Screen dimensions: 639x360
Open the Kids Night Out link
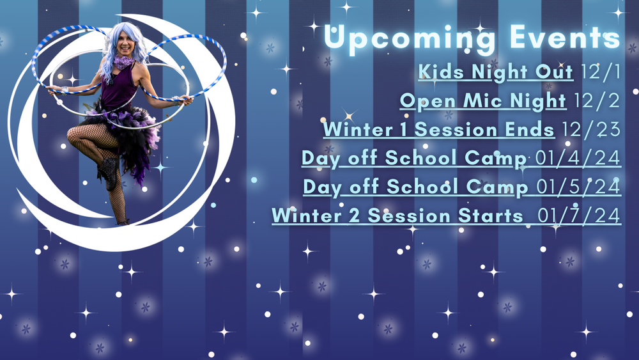point(496,72)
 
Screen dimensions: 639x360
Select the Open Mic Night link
point(483,100)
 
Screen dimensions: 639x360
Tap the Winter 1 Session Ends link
point(438,130)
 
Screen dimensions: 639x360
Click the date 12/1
point(600,72)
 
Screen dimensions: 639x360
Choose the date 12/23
point(591,130)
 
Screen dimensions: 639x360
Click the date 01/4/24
point(578,158)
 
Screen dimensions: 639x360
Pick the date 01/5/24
point(579,187)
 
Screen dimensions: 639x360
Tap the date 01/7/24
point(579,215)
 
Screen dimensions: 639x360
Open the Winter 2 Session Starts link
point(397,215)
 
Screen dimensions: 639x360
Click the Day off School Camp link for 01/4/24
point(414,158)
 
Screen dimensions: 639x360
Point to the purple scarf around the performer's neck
point(123,63)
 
